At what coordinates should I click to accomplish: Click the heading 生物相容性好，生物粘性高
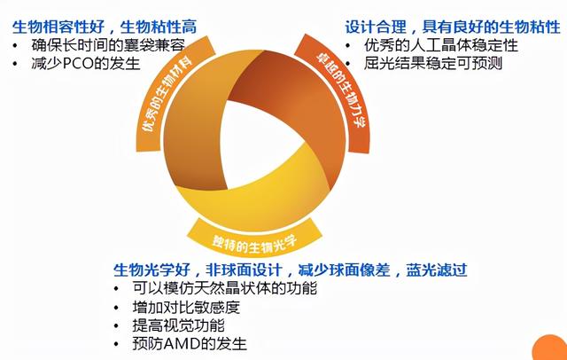(x=105, y=27)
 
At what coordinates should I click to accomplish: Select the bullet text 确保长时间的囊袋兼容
(x=108, y=45)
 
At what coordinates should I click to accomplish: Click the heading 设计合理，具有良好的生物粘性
(x=453, y=27)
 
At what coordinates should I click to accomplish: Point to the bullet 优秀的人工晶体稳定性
(x=441, y=45)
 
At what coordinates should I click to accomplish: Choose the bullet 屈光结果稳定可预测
(x=433, y=63)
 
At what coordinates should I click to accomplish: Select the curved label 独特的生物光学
(x=254, y=243)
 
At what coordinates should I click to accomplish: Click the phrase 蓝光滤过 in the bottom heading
(x=437, y=270)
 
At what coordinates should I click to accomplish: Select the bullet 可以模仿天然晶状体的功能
(x=225, y=288)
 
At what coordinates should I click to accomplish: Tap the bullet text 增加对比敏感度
(x=186, y=307)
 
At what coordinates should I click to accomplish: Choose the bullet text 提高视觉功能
(x=178, y=325)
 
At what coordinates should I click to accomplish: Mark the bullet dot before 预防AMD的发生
(x=116, y=344)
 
